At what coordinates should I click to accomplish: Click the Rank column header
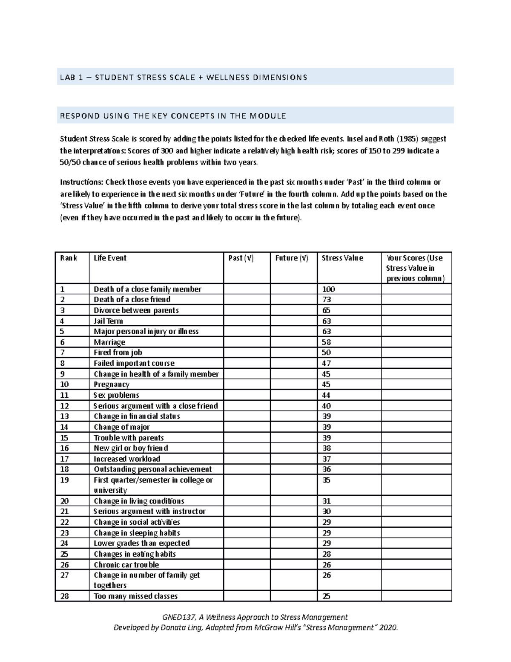[69, 258]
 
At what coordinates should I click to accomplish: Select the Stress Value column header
[342, 258]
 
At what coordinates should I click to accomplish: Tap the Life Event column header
[110, 258]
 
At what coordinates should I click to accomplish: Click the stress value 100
[328, 289]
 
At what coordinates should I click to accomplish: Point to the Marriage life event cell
[109, 342]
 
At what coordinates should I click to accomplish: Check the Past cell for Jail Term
[247, 321]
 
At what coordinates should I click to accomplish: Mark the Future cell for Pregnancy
[293, 384]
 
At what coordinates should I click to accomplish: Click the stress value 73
[326, 300]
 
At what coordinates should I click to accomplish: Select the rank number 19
[64, 480]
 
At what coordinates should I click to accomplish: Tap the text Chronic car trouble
[126, 565]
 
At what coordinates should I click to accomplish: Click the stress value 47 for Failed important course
[326, 363]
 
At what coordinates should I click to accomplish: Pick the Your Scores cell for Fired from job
[416, 353]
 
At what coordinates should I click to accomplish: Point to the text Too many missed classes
[135, 596]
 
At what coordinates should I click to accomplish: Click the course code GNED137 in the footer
[178, 617]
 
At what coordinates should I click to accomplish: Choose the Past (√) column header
[241, 258]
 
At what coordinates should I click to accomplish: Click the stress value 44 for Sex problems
[326, 395]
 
